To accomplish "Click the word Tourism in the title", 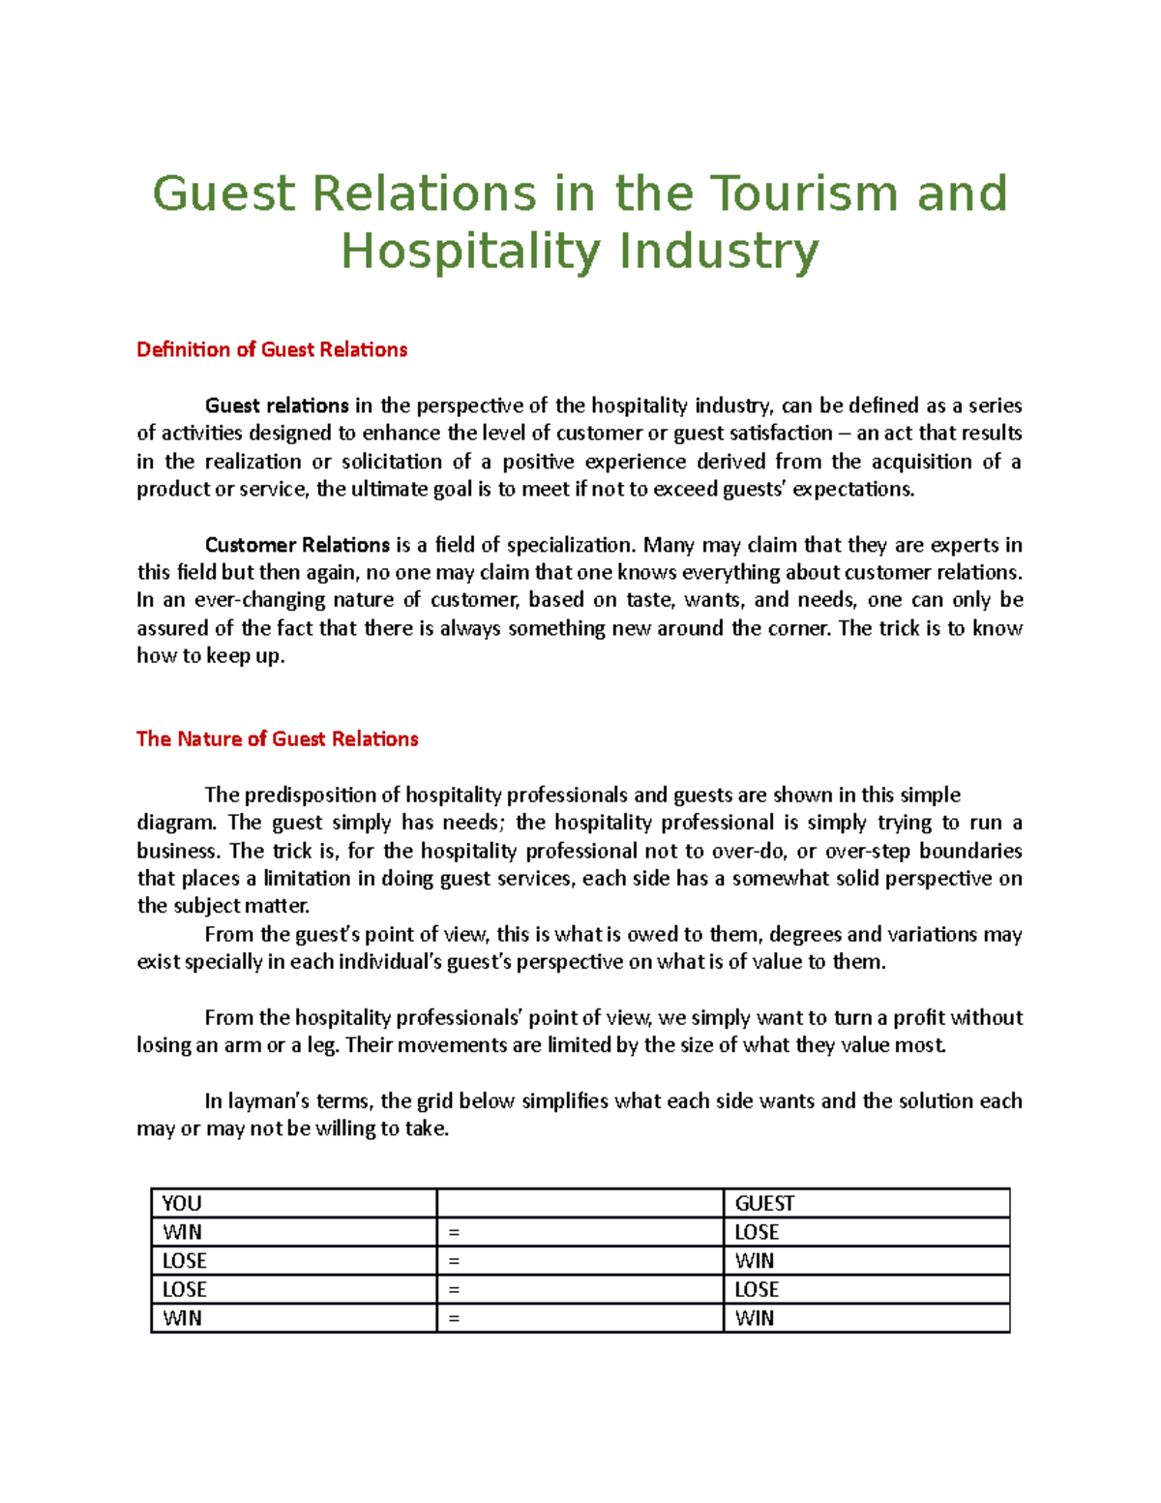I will point(806,194).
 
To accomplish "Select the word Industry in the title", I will point(718,252).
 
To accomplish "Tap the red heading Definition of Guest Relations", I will point(272,349).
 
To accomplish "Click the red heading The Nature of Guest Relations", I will point(278,738).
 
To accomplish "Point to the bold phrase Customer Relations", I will point(297,545).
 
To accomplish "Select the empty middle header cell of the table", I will point(580,1203).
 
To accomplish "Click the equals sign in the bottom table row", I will point(454,1318).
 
